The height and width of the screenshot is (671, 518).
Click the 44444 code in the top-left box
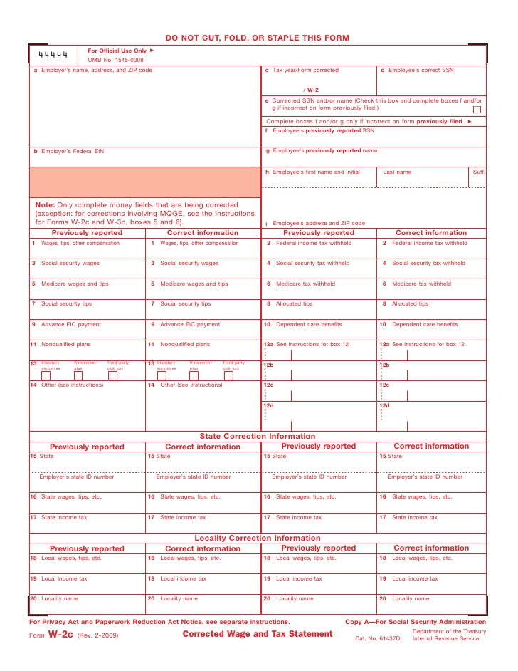pos(53,54)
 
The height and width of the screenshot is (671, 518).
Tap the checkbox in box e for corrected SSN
pos(477,110)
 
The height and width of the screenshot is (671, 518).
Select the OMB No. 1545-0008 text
pos(115,61)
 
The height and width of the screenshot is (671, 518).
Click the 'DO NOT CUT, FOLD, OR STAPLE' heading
pos(258,38)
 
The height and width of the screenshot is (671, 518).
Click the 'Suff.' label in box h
pos(479,172)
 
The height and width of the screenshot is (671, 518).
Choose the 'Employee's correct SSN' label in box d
pos(421,71)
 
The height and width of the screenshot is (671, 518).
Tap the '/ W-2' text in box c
pos(311,90)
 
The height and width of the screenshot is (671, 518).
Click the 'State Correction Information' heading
pos(258,436)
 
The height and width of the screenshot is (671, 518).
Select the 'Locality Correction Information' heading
pos(258,538)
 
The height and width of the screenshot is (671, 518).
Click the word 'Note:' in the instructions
pos(45,204)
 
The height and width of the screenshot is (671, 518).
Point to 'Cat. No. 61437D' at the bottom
pos(378,638)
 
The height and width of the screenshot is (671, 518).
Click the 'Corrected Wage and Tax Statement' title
pos(258,634)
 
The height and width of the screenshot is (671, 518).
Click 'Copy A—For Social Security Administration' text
pos(416,622)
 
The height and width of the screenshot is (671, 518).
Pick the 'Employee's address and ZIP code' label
pos(319,223)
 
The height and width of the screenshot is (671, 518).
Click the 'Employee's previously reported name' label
pos(325,151)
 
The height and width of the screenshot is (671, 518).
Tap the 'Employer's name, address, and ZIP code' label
pos(96,71)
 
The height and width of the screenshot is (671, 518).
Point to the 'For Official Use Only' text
pos(117,51)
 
